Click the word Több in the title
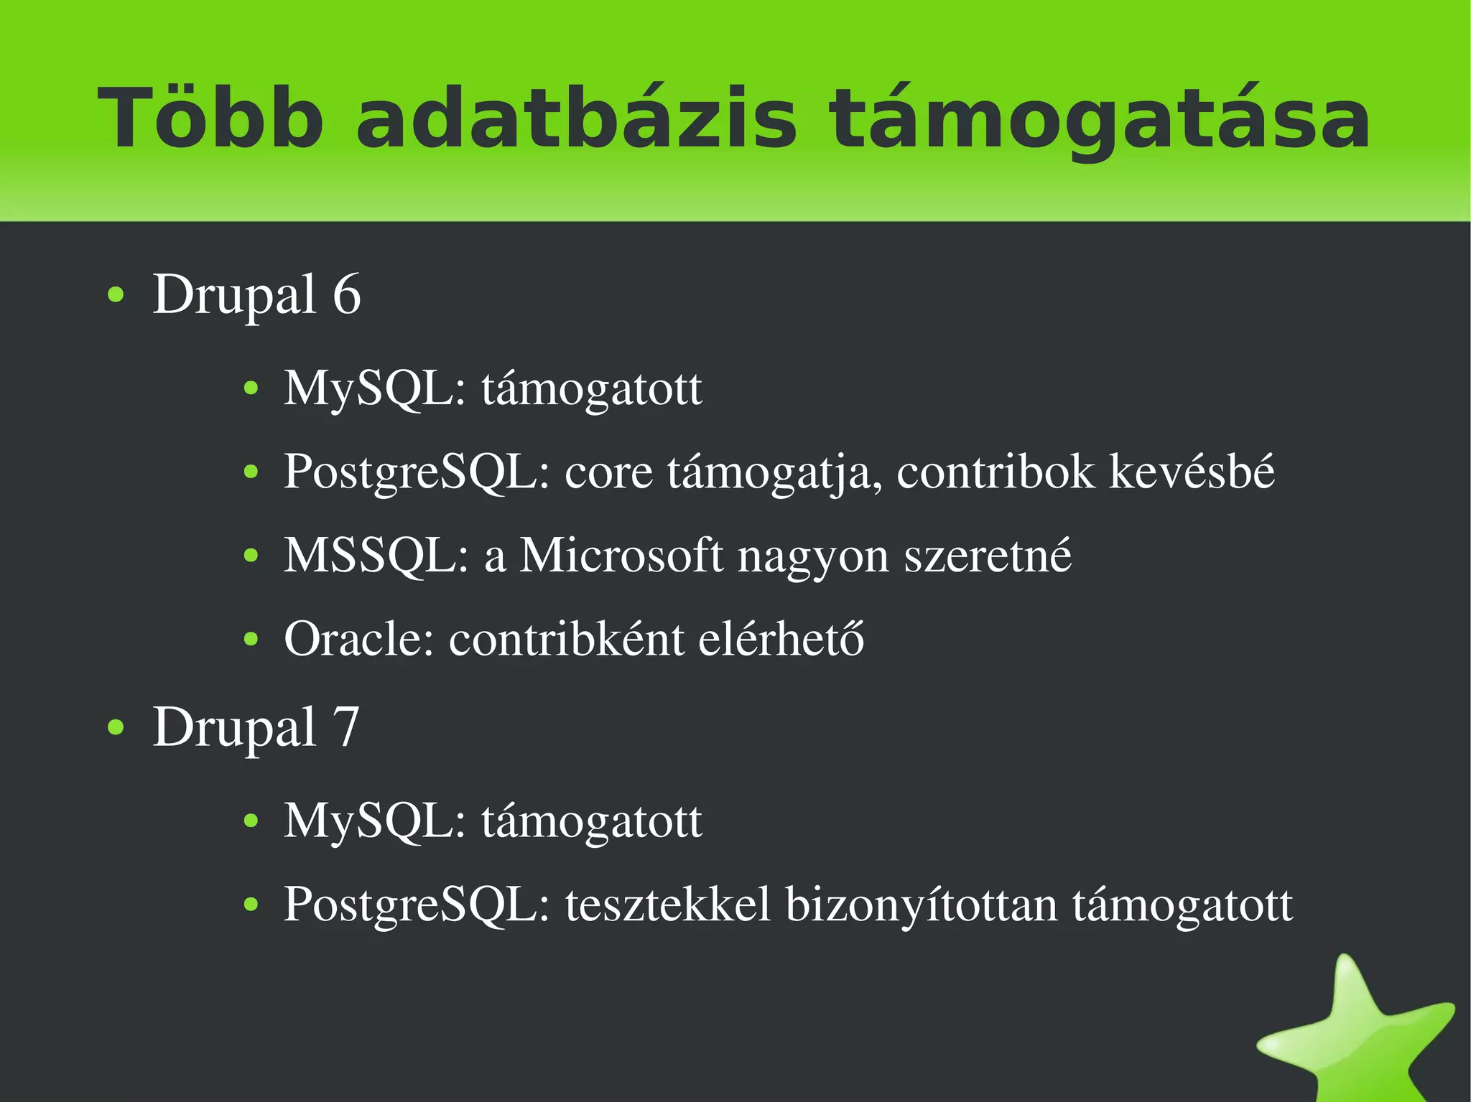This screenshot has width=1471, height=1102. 210,118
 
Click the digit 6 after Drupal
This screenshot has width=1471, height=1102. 347,294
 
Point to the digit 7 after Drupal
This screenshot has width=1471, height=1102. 345,727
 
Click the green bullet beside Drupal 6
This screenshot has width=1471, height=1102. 116,295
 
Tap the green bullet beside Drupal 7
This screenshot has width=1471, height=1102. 116,728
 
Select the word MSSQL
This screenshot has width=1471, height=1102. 376,556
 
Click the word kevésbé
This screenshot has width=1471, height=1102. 1192,472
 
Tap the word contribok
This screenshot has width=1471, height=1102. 996,472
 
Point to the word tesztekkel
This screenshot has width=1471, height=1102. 668,905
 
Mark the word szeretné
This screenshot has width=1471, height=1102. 988,556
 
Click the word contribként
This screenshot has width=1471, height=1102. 566,638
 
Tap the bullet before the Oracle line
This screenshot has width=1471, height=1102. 251,639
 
